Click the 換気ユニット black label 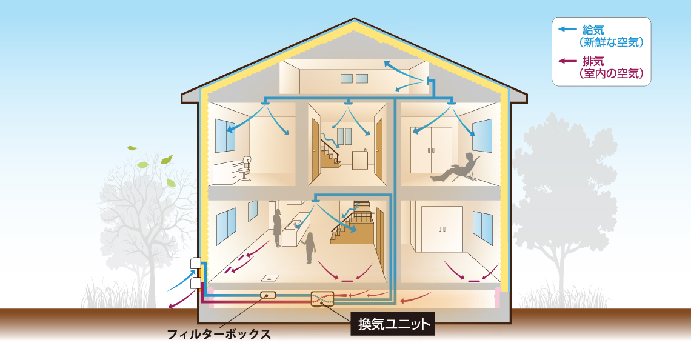[393, 324]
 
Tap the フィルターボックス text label [219, 334]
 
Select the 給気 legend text [593, 30]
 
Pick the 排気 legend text [593, 61]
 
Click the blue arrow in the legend [567, 30]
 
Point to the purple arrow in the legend [567, 61]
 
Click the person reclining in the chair [454, 168]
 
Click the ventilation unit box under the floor [322, 298]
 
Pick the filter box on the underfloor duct [268, 295]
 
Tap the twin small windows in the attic [354, 78]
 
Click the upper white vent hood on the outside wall [196, 264]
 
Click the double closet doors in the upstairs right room [432, 150]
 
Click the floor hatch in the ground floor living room [269, 278]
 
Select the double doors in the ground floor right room [442, 228]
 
